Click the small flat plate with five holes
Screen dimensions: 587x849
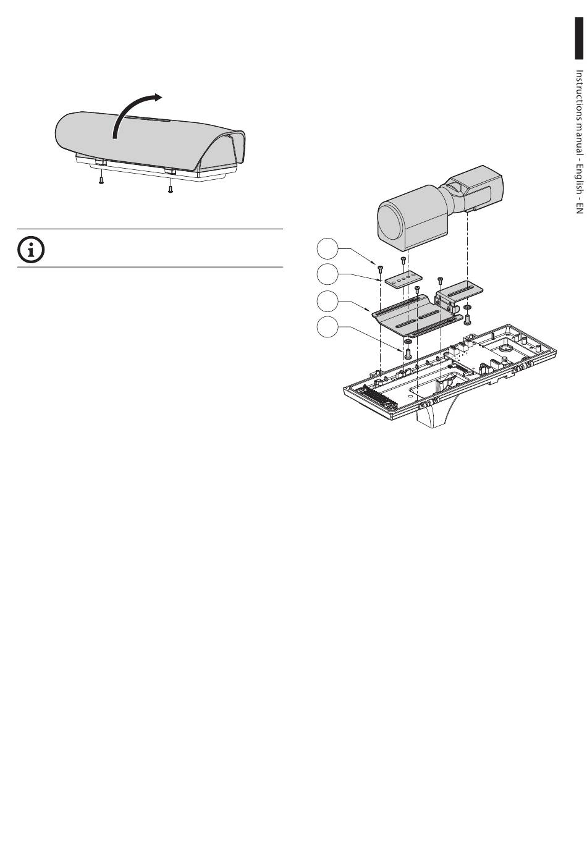(x=402, y=281)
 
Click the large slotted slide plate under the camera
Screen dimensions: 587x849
(x=414, y=315)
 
